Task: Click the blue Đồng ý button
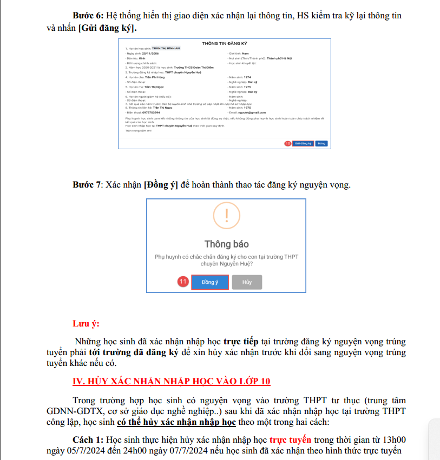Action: point(209,282)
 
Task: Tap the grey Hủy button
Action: point(247,282)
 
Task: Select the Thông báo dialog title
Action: point(226,244)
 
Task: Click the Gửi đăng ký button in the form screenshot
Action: point(303,143)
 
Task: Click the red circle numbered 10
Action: point(288,143)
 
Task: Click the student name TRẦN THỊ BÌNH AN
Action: point(166,49)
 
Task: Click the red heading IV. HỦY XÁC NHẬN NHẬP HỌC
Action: point(171,381)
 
